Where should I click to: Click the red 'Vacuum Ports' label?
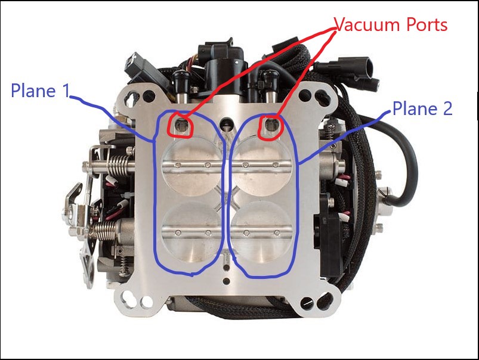tap(390, 24)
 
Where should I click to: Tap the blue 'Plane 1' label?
tap(41, 91)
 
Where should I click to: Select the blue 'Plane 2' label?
tap(422, 108)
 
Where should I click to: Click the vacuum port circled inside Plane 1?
tap(181, 125)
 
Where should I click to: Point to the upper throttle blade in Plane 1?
tap(192, 166)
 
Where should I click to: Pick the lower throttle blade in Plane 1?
tap(192, 232)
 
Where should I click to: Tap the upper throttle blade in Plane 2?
tap(261, 166)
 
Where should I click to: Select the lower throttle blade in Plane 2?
tap(261, 232)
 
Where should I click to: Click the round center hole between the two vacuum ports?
tap(226, 123)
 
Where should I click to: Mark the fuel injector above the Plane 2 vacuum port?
tap(270, 86)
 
